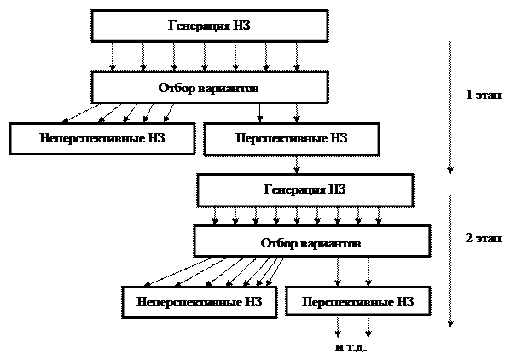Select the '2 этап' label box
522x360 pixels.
pos(478,241)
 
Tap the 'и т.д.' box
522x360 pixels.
pos(351,348)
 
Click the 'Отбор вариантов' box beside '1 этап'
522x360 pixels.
pos(209,87)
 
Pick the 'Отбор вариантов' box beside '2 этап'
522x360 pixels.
pos(310,241)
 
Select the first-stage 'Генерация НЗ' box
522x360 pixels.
pos(209,26)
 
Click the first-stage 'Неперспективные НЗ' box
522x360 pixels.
pos(101,138)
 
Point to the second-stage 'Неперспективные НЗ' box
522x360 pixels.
pos(199,302)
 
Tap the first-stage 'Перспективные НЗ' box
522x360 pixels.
pos(291,139)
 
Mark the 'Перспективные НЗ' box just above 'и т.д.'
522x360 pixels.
pos(357,302)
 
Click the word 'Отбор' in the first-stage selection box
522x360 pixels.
pos(176,88)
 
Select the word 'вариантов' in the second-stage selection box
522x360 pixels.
pos(332,244)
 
